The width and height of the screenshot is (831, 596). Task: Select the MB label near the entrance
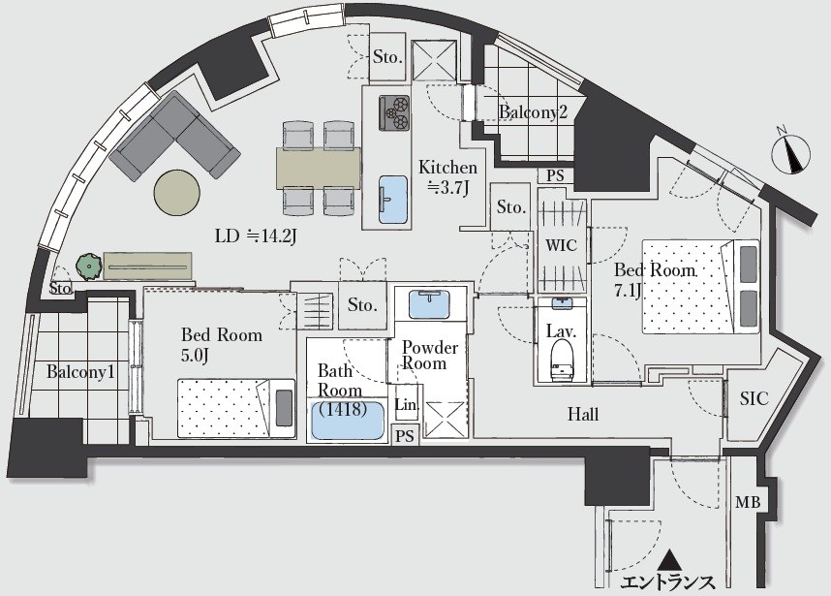click(x=748, y=502)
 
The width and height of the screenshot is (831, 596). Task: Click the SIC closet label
click(x=754, y=398)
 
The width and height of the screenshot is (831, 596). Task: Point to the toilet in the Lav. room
click(x=563, y=361)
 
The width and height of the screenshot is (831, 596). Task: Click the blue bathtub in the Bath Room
click(x=348, y=421)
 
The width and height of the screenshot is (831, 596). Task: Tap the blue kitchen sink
click(x=394, y=200)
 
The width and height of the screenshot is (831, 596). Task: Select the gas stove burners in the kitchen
click(x=394, y=113)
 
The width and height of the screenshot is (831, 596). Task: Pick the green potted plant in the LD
click(x=88, y=266)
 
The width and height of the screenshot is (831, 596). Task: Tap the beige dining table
click(x=319, y=168)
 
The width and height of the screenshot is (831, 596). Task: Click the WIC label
click(x=561, y=245)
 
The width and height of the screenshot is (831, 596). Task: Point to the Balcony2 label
click(x=533, y=111)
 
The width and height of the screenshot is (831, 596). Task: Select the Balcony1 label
click(x=80, y=371)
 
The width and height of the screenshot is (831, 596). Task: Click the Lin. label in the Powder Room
click(x=407, y=404)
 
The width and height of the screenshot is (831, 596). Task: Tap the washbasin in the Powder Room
click(x=429, y=304)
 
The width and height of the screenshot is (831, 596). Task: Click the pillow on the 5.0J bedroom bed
click(x=284, y=408)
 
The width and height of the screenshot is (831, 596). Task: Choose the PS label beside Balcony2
click(x=555, y=175)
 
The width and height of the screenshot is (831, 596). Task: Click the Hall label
click(x=583, y=414)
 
